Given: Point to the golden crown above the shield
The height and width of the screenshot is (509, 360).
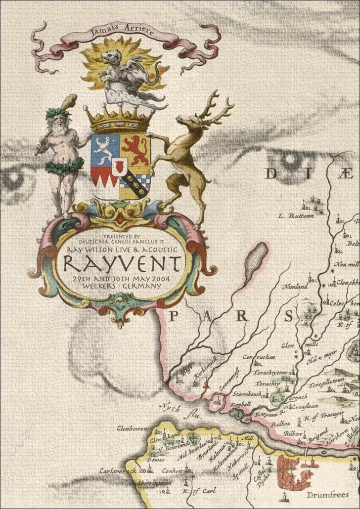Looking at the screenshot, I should point(120,119).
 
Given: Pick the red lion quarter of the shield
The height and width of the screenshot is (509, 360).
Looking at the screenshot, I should point(135,150).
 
